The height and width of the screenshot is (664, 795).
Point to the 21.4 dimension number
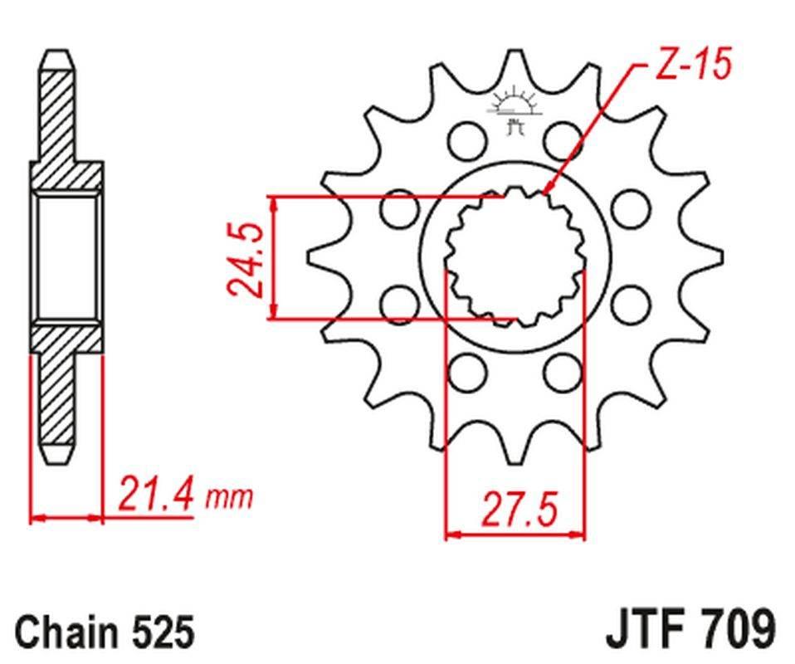coord(158,495)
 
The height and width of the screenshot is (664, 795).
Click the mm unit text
coord(228,498)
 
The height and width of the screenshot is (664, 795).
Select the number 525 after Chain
coord(163,632)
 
